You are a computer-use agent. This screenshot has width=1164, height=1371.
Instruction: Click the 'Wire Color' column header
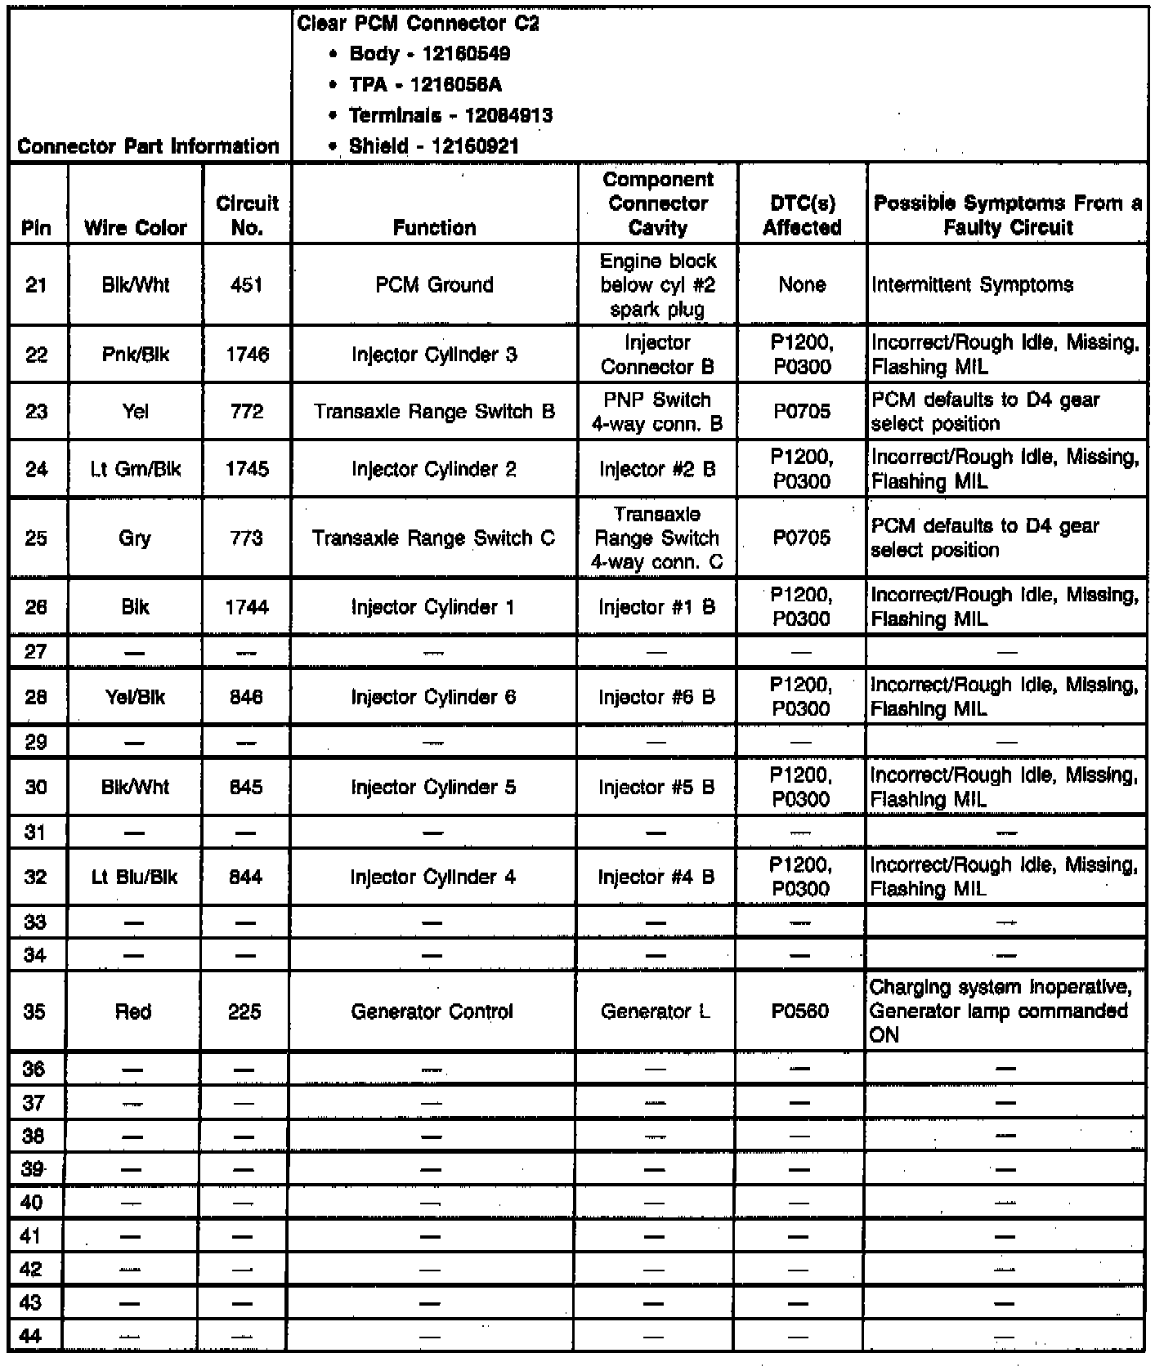tap(136, 227)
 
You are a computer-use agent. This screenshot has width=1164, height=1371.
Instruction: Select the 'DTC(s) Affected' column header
tap(802, 215)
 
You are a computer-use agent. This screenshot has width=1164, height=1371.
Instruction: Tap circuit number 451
tap(247, 284)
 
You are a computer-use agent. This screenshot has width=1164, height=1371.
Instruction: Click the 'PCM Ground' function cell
tap(434, 284)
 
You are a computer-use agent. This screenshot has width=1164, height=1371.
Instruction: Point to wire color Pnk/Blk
tap(136, 355)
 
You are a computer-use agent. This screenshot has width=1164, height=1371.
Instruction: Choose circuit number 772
tap(247, 411)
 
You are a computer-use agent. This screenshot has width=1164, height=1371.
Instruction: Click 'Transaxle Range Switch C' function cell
tap(433, 538)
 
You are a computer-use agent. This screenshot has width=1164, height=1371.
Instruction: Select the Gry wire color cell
tap(135, 538)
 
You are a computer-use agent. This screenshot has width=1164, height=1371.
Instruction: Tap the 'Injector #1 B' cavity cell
tap(657, 607)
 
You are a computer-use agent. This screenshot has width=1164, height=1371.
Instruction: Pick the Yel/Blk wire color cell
tap(135, 697)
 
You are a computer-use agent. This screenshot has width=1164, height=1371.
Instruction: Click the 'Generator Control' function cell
tap(432, 1012)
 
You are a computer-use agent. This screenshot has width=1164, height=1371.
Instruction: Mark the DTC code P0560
tap(800, 1012)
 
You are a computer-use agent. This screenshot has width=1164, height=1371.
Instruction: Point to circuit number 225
tap(245, 1012)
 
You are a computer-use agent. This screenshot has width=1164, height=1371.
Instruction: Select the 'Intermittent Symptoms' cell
tap(973, 284)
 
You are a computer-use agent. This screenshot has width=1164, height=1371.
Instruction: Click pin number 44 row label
tap(31, 1336)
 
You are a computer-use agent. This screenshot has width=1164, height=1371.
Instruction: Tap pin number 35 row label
tap(34, 1012)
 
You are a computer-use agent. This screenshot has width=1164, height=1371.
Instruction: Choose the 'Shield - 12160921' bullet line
tap(433, 146)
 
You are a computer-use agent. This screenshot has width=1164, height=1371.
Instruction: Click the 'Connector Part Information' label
tap(148, 146)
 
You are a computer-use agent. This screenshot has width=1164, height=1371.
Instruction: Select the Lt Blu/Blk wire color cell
tap(134, 877)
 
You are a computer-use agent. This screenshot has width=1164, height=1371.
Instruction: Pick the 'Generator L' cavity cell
tap(656, 1012)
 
